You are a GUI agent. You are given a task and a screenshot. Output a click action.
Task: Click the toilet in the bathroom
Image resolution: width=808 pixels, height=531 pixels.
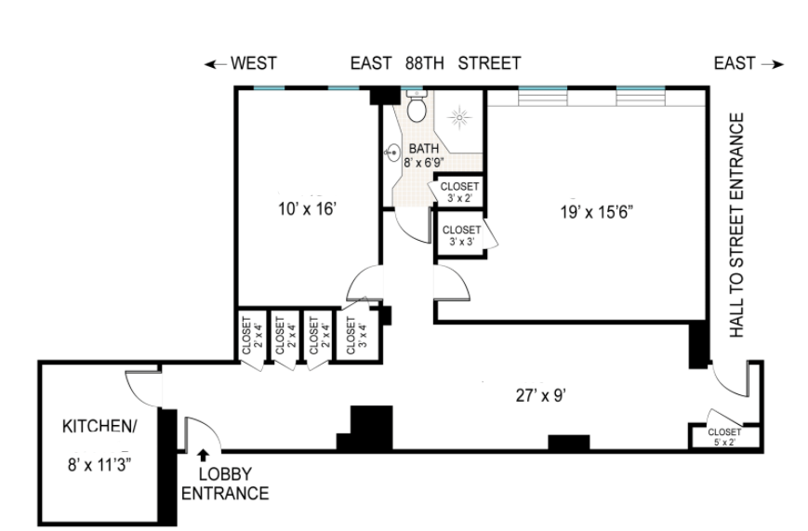click(x=417, y=106)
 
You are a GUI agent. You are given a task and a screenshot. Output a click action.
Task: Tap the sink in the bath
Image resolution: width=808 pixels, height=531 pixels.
click(x=393, y=153)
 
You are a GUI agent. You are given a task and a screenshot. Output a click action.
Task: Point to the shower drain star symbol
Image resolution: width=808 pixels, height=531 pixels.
click(x=459, y=118)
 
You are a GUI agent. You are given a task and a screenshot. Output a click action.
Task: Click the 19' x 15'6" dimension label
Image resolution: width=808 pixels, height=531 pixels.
click(x=597, y=212)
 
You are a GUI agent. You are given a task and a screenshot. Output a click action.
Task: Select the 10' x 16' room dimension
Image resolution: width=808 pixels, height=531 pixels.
click(x=308, y=209)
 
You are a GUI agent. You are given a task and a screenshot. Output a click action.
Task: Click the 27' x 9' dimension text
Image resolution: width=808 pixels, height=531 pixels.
click(x=541, y=395)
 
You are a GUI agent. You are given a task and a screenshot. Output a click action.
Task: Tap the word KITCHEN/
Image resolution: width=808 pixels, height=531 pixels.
click(x=100, y=426)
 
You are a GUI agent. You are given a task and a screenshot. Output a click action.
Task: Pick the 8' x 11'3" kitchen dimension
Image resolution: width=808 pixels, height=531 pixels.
click(x=100, y=465)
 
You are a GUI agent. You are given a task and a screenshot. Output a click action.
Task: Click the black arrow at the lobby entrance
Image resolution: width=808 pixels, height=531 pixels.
click(x=204, y=454)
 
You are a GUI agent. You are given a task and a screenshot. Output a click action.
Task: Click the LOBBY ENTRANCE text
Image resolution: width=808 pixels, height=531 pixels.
click(x=225, y=484)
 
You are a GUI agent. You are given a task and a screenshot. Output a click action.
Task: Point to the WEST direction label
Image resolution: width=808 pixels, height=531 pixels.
click(x=254, y=63)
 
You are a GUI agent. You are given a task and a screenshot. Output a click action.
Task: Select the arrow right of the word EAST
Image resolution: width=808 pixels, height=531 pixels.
click(x=773, y=64)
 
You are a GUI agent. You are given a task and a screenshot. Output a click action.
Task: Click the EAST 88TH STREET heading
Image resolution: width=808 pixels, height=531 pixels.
click(x=435, y=63)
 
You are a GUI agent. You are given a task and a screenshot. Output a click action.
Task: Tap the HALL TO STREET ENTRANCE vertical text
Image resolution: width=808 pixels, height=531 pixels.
click(x=737, y=225)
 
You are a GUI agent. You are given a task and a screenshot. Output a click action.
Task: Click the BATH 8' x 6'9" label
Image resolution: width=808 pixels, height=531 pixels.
click(x=424, y=155)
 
